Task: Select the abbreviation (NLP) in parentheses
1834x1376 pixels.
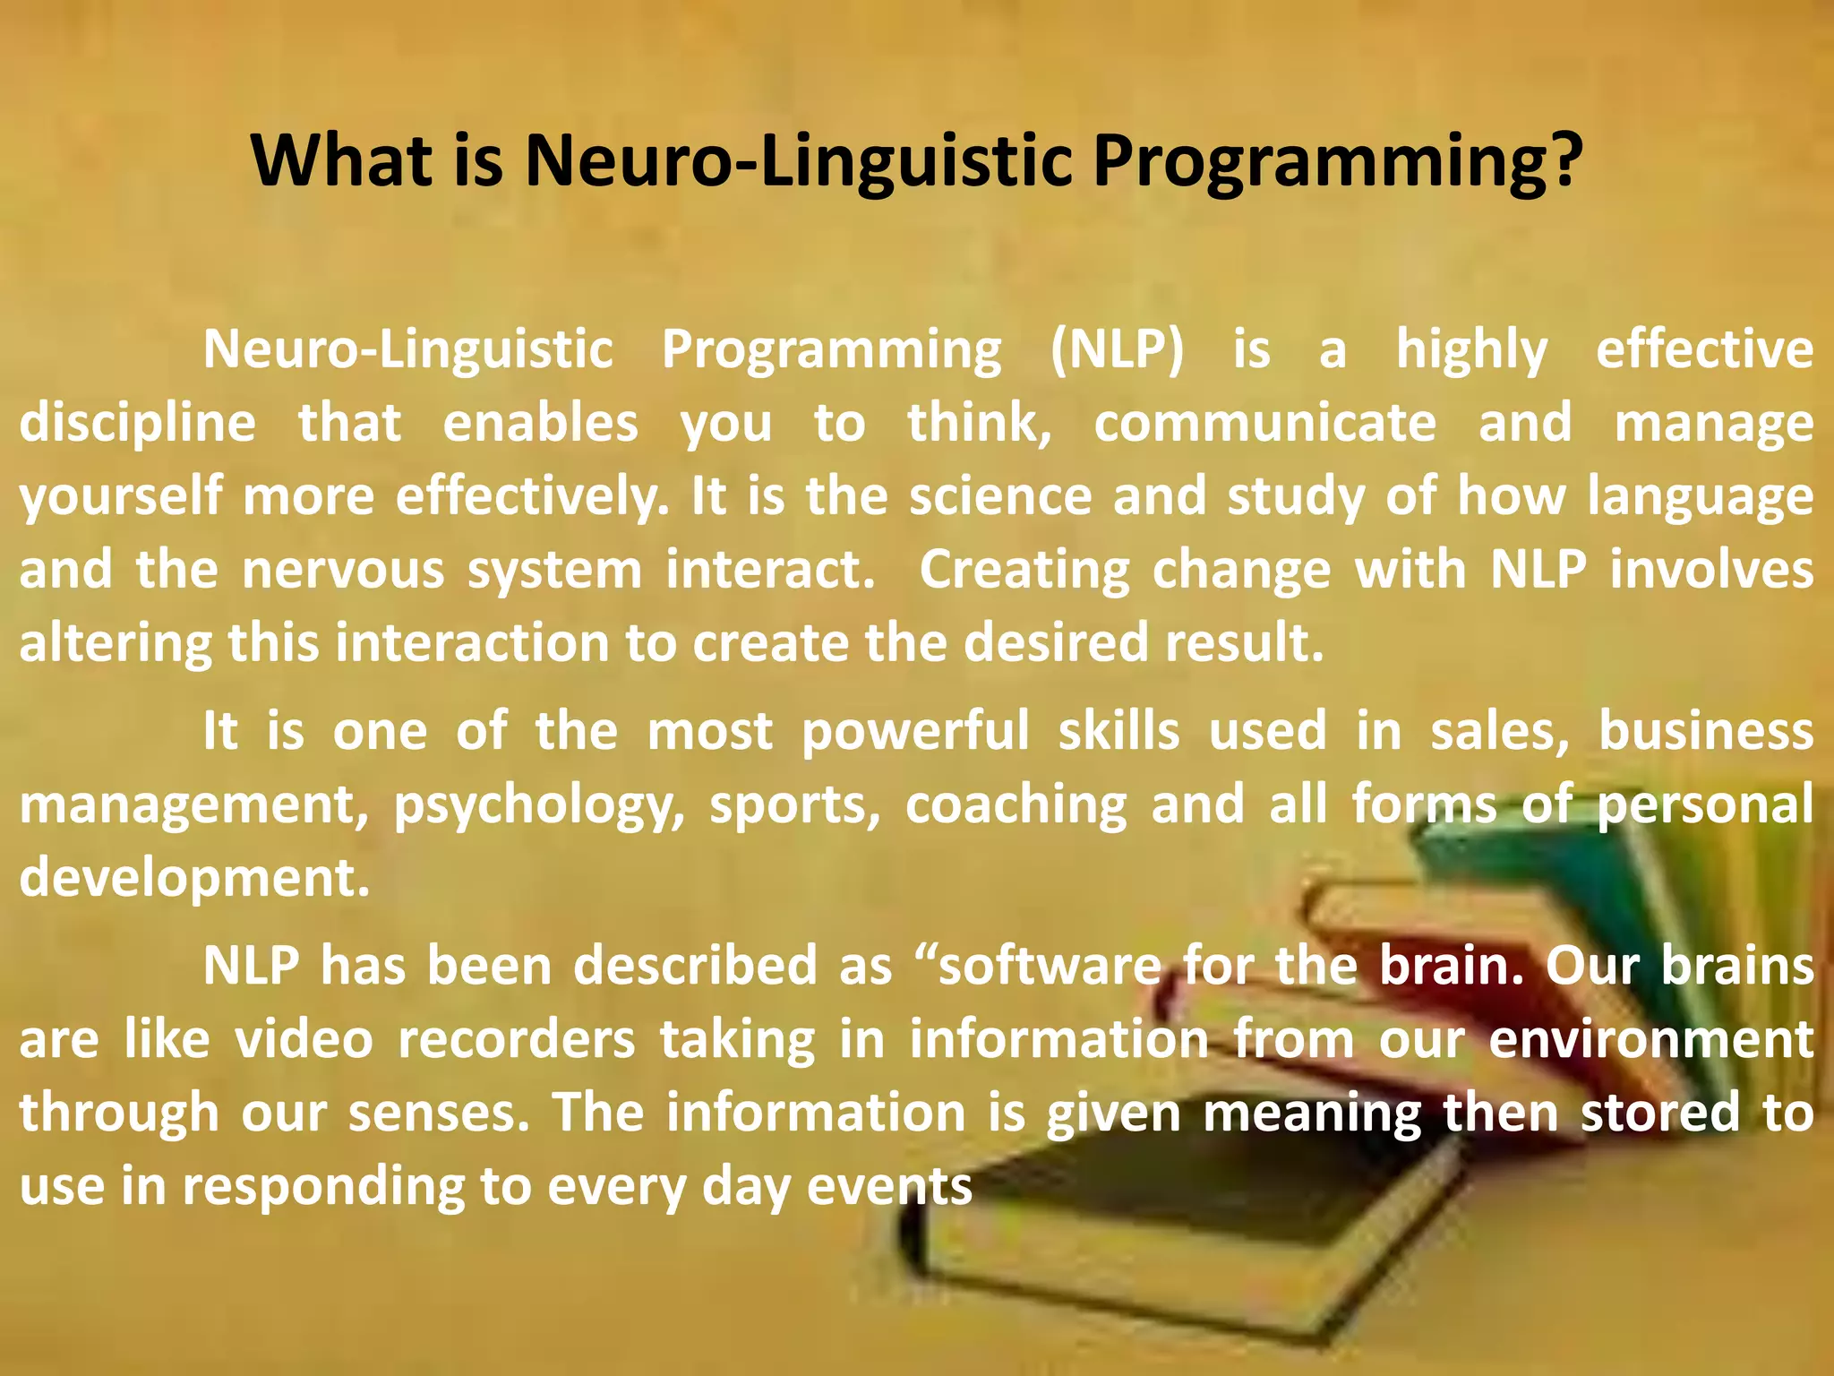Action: coord(1117,349)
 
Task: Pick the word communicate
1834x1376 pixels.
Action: coord(1264,423)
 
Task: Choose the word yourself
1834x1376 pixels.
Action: coord(121,497)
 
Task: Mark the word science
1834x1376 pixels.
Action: coord(1000,496)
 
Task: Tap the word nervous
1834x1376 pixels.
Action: coord(343,571)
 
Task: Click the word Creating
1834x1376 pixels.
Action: coord(1024,571)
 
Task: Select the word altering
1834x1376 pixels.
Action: coord(116,644)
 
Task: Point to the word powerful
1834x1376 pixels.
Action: coord(915,732)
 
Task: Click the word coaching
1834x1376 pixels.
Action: coord(1016,805)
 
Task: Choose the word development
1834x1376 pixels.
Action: coord(194,879)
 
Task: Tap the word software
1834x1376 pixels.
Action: coord(1049,967)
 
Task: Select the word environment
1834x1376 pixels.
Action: coord(1651,1040)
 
